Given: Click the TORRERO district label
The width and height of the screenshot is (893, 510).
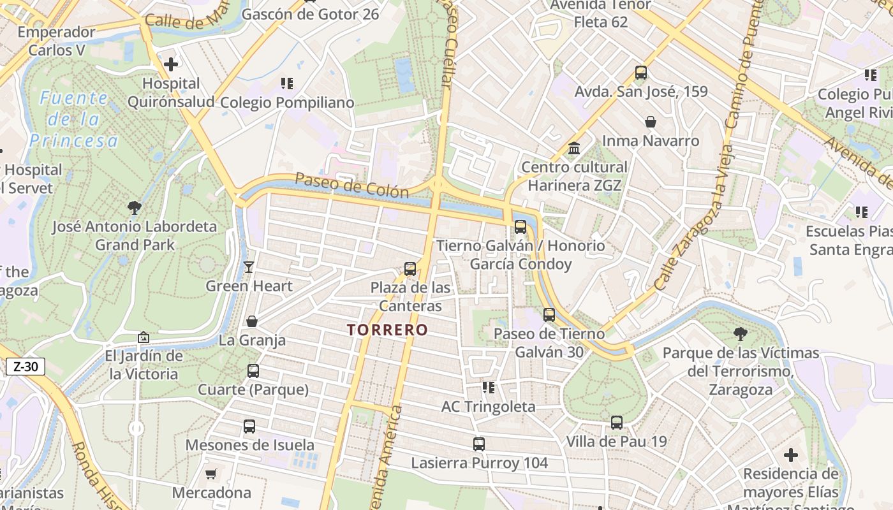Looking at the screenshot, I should point(387,330).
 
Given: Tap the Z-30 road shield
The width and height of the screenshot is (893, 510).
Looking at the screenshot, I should point(26,367).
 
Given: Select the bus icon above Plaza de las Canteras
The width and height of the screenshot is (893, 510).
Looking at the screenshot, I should point(410,269).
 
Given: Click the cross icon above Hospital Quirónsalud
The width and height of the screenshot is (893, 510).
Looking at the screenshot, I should point(171,64).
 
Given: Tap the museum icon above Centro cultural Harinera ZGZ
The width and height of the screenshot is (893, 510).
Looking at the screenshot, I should point(574,148).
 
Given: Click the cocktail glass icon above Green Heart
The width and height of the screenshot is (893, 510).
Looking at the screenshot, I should point(249,267).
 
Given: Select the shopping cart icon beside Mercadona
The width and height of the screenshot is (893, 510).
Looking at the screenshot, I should point(211,474).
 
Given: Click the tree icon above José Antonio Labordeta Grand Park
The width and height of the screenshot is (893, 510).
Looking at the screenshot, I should point(134,207).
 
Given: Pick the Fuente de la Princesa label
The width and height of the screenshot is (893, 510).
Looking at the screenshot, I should point(74,119).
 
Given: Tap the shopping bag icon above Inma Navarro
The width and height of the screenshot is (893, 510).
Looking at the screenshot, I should point(651,121).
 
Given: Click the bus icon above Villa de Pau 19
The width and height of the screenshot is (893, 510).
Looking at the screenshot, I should point(617,422).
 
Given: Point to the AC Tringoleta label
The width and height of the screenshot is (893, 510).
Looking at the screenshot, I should point(489,407).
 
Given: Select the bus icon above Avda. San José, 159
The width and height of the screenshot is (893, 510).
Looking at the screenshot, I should point(641,73).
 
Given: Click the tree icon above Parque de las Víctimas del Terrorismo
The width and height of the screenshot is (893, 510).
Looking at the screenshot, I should point(741,333).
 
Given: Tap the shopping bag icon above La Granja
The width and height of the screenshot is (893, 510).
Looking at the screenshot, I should point(252,321).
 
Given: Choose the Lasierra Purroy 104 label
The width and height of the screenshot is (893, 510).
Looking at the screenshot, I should point(479,463).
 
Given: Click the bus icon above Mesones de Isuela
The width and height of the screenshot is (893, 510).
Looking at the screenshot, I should point(249,426).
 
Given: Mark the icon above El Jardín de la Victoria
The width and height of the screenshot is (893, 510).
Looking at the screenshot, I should point(144,337).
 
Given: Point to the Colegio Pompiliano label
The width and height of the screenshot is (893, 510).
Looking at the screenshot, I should point(286,103).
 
